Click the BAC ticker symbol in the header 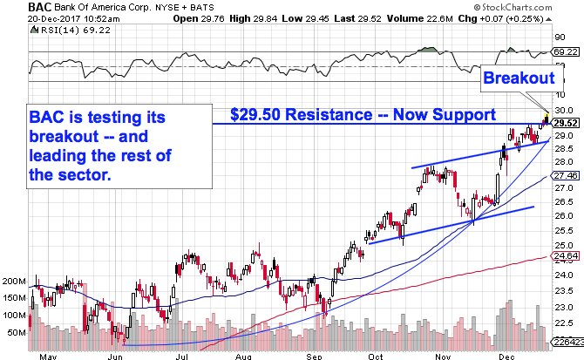[15, 6]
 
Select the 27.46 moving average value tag [565, 176]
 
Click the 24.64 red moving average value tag [565, 255]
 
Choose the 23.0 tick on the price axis [564, 308]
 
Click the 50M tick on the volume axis [16, 333]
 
